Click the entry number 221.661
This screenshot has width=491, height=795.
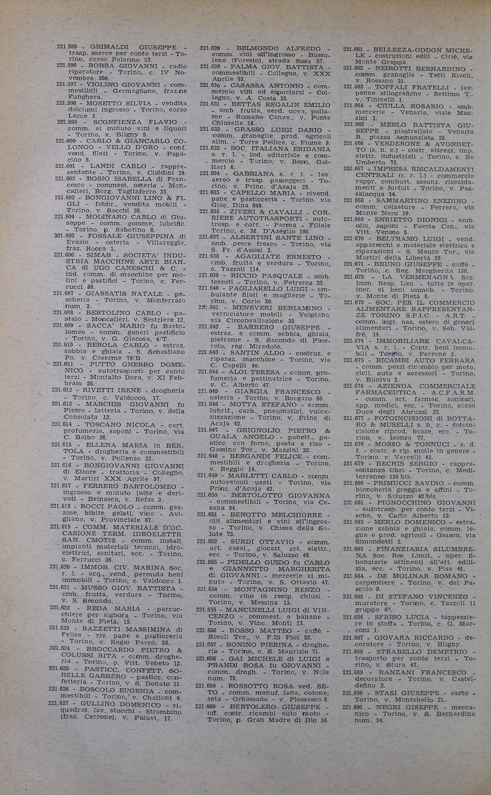click(353, 50)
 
